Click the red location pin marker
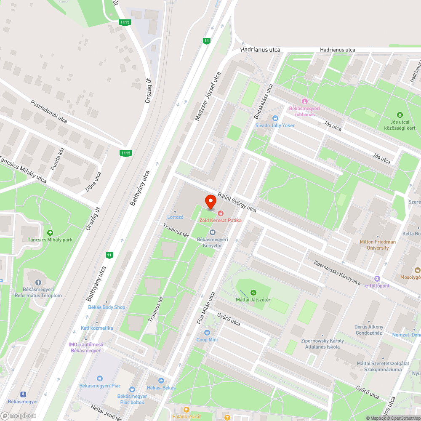click(x=210, y=202)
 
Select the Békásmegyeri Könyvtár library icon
click(x=213, y=233)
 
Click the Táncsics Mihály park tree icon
click(x=51, y=233)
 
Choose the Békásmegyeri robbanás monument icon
click(x=304, y=101)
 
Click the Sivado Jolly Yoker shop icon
click(x=275, y=118)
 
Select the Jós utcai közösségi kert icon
click(x=400, y=115)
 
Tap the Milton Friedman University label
click(x=378, y=245)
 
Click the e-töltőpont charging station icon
click(x=377, y=279)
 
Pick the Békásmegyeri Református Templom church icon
click(x=38, y=282)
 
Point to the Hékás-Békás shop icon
click(x=161, y=381)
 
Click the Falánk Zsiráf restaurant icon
click(x=187, y=409)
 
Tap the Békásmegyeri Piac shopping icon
click(x=100, y=378)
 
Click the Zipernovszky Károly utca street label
click(x=337, y=273)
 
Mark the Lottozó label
click(x=175, y=217)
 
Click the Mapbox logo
click(x=19, y=416)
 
